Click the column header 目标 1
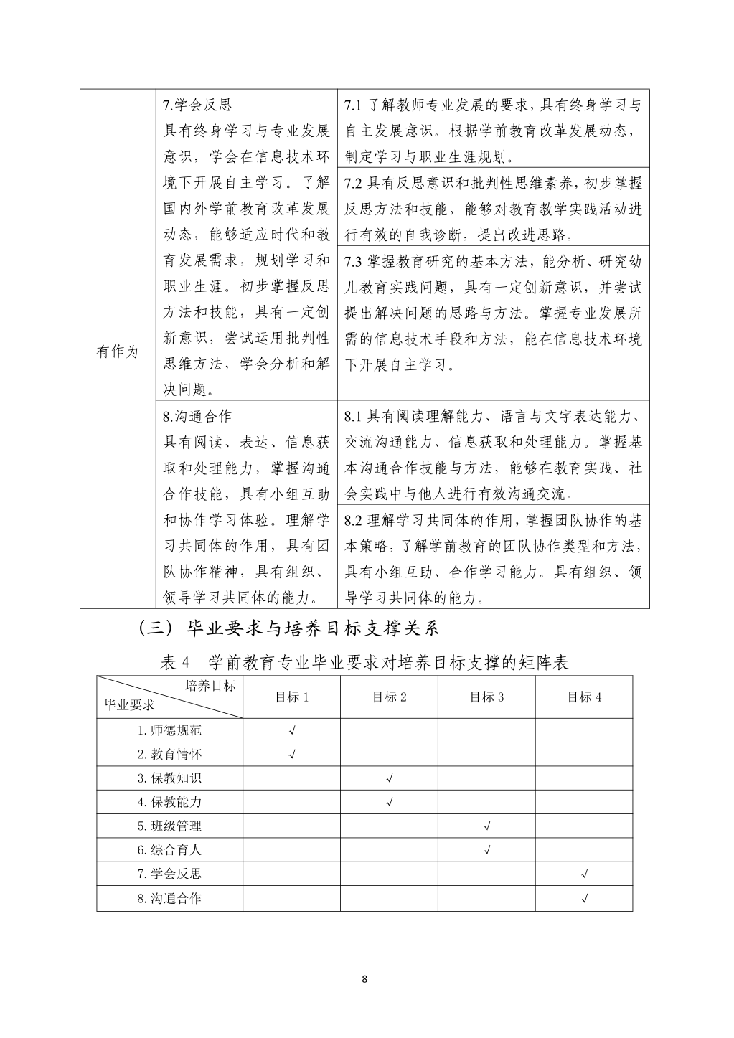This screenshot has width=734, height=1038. pos(292,697)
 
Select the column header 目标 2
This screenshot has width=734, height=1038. pos(390,697)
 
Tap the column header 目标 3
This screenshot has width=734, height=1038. pos(486,697)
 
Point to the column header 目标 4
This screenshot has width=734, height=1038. pos(584,697)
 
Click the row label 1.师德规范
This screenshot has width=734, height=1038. pos(170,730)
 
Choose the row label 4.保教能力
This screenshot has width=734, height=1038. pos(170,802)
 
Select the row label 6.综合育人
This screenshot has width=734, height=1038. pos(170,850)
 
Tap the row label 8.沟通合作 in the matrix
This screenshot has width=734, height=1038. pos(170,898)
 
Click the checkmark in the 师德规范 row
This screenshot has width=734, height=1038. pos(292,731)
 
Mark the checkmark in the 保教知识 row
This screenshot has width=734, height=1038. pos(390,778)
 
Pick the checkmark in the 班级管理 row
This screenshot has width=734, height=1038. pos(487,826)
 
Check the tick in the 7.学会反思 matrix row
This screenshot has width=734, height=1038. pos(585,874)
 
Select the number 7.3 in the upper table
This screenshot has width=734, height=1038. pos(354,261)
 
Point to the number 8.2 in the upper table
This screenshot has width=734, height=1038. pos(354,520)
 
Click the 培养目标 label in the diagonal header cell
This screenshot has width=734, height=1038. pos(210,686)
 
